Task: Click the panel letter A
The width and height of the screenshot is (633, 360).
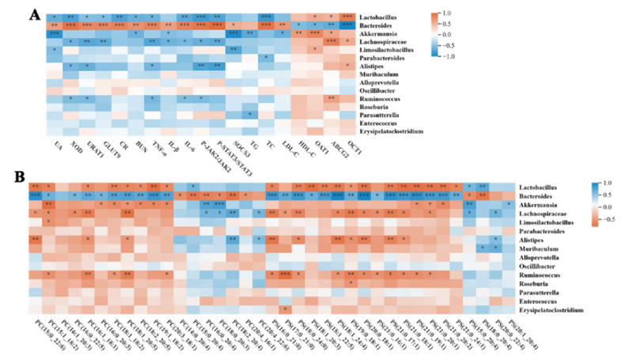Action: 33,13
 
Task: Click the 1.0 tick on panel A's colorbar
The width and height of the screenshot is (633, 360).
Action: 466,13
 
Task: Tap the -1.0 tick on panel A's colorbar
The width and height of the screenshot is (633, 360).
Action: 466,56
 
